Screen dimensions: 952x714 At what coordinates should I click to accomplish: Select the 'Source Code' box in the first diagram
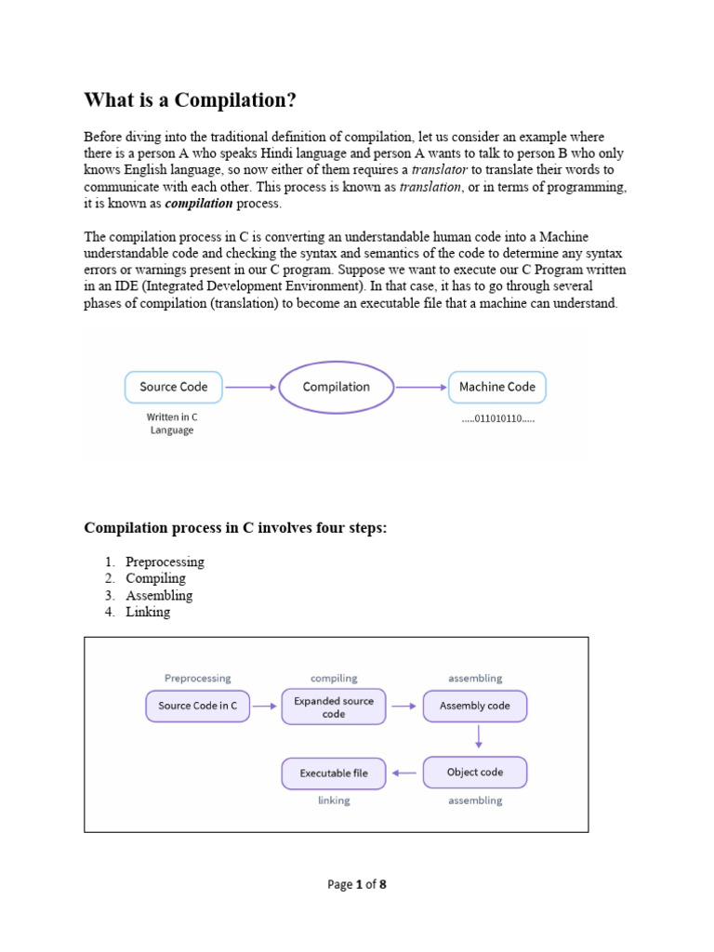[x=174, y=387]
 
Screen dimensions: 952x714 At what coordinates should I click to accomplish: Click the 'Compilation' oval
[x=337, y=387]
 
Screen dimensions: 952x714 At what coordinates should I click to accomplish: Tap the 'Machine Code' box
[x=497, y=387]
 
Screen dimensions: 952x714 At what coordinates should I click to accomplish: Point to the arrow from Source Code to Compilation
[x=250, y=387]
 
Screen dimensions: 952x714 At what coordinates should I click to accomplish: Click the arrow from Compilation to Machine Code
[x=421, y=387]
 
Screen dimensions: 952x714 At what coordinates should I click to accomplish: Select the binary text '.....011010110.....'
[x=497, y=419]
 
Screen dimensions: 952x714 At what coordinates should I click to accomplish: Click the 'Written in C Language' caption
[x=172, y=424]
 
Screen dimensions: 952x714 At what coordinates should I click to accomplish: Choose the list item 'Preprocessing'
[x=165, y=562]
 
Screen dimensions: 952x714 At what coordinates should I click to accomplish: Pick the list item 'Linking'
[x=148, y=612]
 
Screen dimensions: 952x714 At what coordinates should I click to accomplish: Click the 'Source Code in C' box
[x=198, y=706]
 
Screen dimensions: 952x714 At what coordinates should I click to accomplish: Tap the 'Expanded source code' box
[x=334, y=707]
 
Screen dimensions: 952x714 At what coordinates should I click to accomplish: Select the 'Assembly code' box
[x=474, y=706]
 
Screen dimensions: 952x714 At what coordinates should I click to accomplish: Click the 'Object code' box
[x=474, y=773]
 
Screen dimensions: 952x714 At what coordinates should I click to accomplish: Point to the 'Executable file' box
[x=334, y=773]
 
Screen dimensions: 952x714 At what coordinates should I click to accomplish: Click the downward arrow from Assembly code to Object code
[x=476, y=738]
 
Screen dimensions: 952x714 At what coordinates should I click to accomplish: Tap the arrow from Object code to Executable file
[x=403, y=773]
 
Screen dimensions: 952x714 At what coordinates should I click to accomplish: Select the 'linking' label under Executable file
[x=334, y=800]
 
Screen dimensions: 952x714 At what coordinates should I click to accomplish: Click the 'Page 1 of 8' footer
[x=357, y=884]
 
